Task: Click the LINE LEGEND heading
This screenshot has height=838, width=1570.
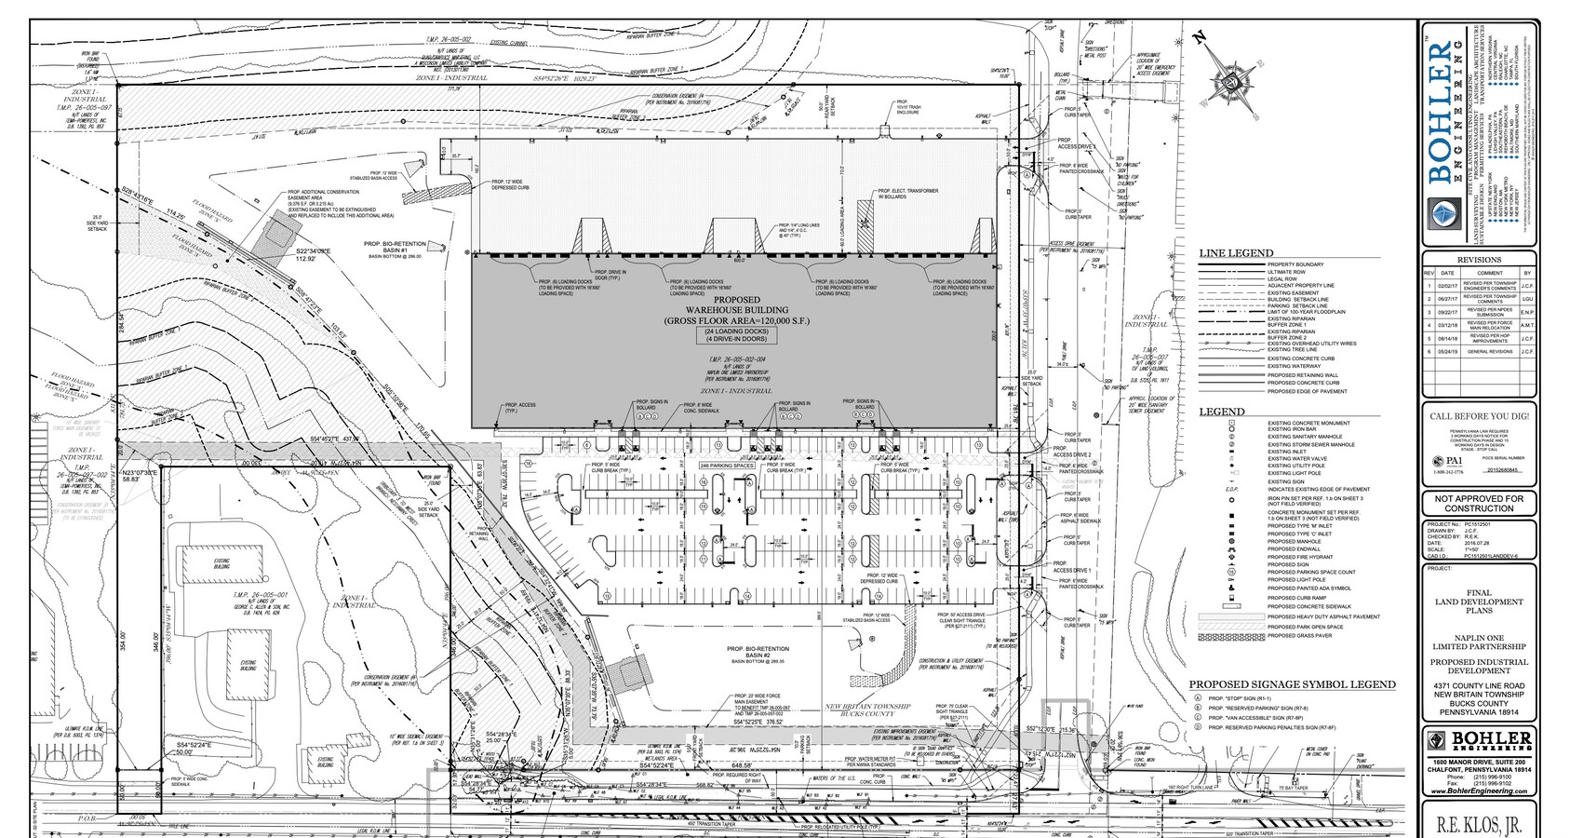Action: click(x=1236, y=253)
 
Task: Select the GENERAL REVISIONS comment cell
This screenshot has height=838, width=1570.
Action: click(x=1486, y=352)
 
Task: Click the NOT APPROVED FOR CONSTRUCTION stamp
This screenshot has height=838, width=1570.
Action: click(x=1479, y=504)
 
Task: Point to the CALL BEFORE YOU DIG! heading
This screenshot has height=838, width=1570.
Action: click(x=1479, y=416)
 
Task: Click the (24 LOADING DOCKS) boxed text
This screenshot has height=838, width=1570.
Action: click(x=736, y=332)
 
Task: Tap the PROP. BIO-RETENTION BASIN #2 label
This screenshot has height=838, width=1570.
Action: click(x=758, y=652)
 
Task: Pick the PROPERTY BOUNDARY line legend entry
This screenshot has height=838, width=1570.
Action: click(x=1295, y=264)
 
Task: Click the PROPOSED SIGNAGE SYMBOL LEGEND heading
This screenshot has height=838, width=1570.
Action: click(x=1292, y=684)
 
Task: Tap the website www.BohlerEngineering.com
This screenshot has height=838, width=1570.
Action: click(x=1479, y=791)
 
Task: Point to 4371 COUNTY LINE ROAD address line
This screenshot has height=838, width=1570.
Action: click(x=1479, y=686)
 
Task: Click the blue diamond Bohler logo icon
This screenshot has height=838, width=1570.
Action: click(x=1440, y=214)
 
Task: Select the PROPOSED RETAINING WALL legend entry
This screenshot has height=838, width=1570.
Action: click(x=1303, y=375)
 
